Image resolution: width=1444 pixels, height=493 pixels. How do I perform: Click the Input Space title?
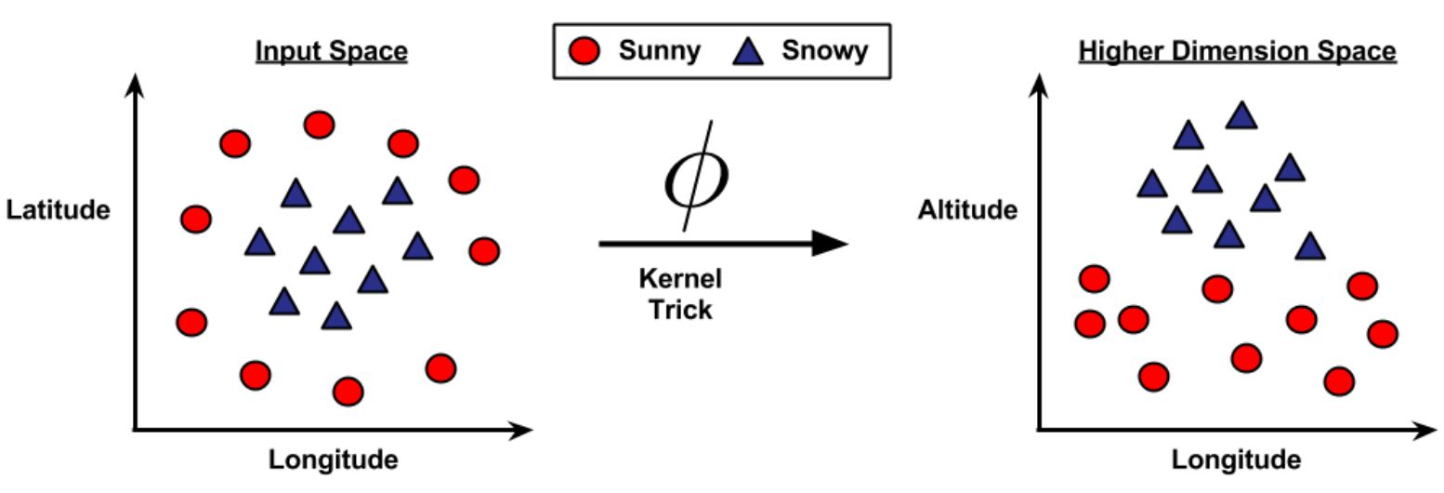point(331,51)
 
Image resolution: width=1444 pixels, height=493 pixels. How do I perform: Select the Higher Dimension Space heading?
point(1237,51)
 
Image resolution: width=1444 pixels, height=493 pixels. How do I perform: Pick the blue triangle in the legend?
point(748,51)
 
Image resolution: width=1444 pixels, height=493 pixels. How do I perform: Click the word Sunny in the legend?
point(660,51)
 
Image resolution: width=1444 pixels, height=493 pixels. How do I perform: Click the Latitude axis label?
point(59,211)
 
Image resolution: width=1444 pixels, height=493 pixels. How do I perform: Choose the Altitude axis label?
point(967,211)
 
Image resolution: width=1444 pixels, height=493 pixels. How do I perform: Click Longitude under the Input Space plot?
point(334,460)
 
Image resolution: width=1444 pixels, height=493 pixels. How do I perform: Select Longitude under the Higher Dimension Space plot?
point(1236,460)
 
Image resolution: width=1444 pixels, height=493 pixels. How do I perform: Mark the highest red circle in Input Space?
point(319,125)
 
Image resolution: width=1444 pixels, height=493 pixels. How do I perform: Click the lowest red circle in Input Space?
point(348,392)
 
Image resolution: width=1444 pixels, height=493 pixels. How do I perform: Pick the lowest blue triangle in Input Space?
point(336,316)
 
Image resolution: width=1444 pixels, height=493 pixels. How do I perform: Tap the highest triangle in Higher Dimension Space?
point(1241,115)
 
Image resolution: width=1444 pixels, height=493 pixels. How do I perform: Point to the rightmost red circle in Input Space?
point(484,251)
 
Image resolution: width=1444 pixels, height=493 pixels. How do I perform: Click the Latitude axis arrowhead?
point(137,87)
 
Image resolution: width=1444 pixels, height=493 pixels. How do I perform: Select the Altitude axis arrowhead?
point(1040,87)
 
